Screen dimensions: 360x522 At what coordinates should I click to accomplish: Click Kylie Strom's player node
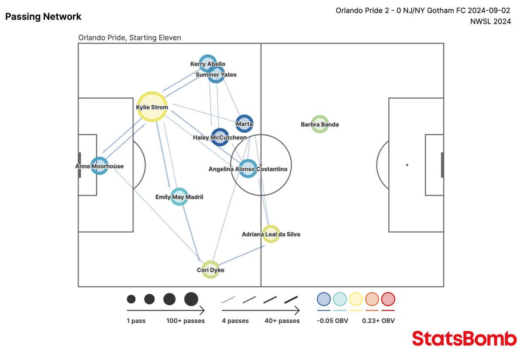click(152, 107)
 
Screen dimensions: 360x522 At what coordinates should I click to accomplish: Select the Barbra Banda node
click(320, 124)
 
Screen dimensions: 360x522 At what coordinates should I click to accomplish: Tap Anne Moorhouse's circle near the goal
click(99, 166)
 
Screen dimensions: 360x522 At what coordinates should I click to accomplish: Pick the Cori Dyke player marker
click(210, 270)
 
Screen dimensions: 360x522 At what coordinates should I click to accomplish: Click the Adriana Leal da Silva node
click(271, 234)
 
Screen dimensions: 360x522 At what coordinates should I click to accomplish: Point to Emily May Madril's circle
click(179, 197)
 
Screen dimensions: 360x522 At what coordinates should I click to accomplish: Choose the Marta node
click(244, 124)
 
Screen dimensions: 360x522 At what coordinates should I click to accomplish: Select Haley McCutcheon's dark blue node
click(220, 137)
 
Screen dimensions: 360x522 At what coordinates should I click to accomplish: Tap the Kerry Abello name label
click(208, 64)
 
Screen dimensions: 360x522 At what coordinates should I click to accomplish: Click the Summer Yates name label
click(216, 74)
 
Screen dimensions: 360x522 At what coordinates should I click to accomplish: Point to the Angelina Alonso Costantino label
click(248, 169)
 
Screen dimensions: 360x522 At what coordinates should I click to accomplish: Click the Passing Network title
click(43, 17)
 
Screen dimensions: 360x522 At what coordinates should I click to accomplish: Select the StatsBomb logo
click(464, 338)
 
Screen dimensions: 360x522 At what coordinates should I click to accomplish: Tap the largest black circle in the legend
click(191, 299)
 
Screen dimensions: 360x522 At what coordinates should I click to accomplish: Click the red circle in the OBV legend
click(388, 299)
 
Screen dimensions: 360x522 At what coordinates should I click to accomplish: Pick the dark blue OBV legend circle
click(324, 299)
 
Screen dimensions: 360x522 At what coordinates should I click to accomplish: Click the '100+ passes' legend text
click(185, 321)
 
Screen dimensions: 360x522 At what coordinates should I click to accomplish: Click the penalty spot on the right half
click(407, 165)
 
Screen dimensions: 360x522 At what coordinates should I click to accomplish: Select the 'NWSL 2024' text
click(490, 21)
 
